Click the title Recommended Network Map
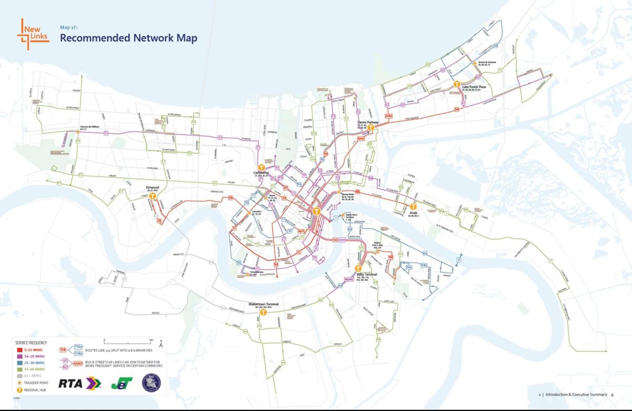(129, 38)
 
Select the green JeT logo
(122, 383)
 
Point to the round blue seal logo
(151, 383)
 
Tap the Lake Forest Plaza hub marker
(457, 84)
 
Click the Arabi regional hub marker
(413, 207)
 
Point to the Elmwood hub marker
(153, 195)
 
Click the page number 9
(613, 394)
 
